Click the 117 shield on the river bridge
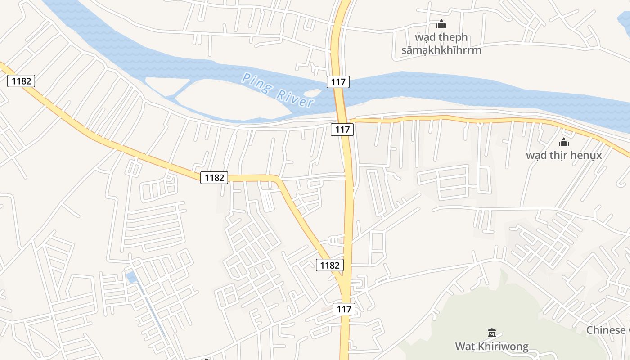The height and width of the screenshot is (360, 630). click(338, 81)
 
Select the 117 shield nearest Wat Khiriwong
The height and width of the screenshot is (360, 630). click(344, 309)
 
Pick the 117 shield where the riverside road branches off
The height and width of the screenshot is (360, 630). click(342, 130)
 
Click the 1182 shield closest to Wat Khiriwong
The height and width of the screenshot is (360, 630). click(329, 265)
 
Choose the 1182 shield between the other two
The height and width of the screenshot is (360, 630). click(214, 178)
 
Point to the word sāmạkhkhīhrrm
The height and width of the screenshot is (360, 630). click(441, 50)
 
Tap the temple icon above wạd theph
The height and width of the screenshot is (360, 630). click(441, 24)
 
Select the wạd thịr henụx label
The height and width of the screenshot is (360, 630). click(564, 156)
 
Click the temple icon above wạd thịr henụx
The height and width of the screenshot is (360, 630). click(564, 143)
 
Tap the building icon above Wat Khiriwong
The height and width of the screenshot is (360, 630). click(491, 333)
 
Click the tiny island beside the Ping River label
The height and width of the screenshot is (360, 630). click(313, 93)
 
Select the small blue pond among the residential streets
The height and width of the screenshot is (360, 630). click(131, 277)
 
